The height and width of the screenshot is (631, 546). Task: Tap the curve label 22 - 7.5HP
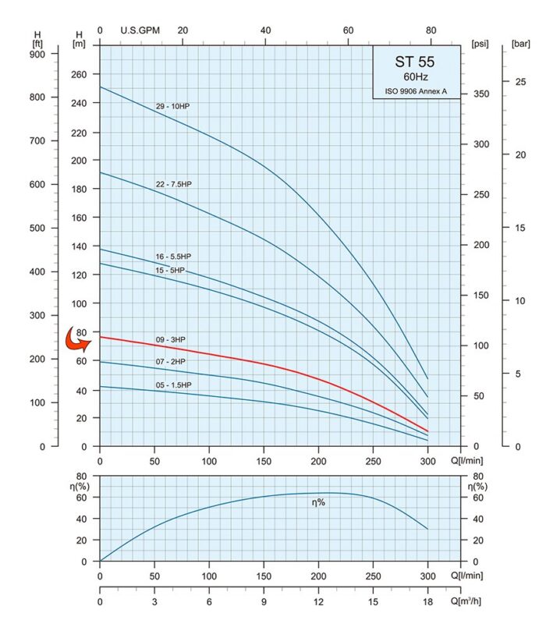(x=173, y=184)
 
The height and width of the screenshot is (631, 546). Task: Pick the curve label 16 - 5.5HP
(x=172, y=256)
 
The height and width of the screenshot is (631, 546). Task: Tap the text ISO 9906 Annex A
(x=414, y=91)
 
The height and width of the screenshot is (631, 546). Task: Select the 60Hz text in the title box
(x=414, y=77)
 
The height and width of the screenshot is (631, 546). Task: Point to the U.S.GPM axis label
(x=140, y=30)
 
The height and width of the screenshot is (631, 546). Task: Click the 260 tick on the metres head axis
(x=79, y=75)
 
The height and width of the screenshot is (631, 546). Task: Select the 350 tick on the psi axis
(x=481, y=94)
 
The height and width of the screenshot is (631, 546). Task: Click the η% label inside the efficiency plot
(x=318, y=502)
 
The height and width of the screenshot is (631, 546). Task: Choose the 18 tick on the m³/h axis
(x=427, y=601)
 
